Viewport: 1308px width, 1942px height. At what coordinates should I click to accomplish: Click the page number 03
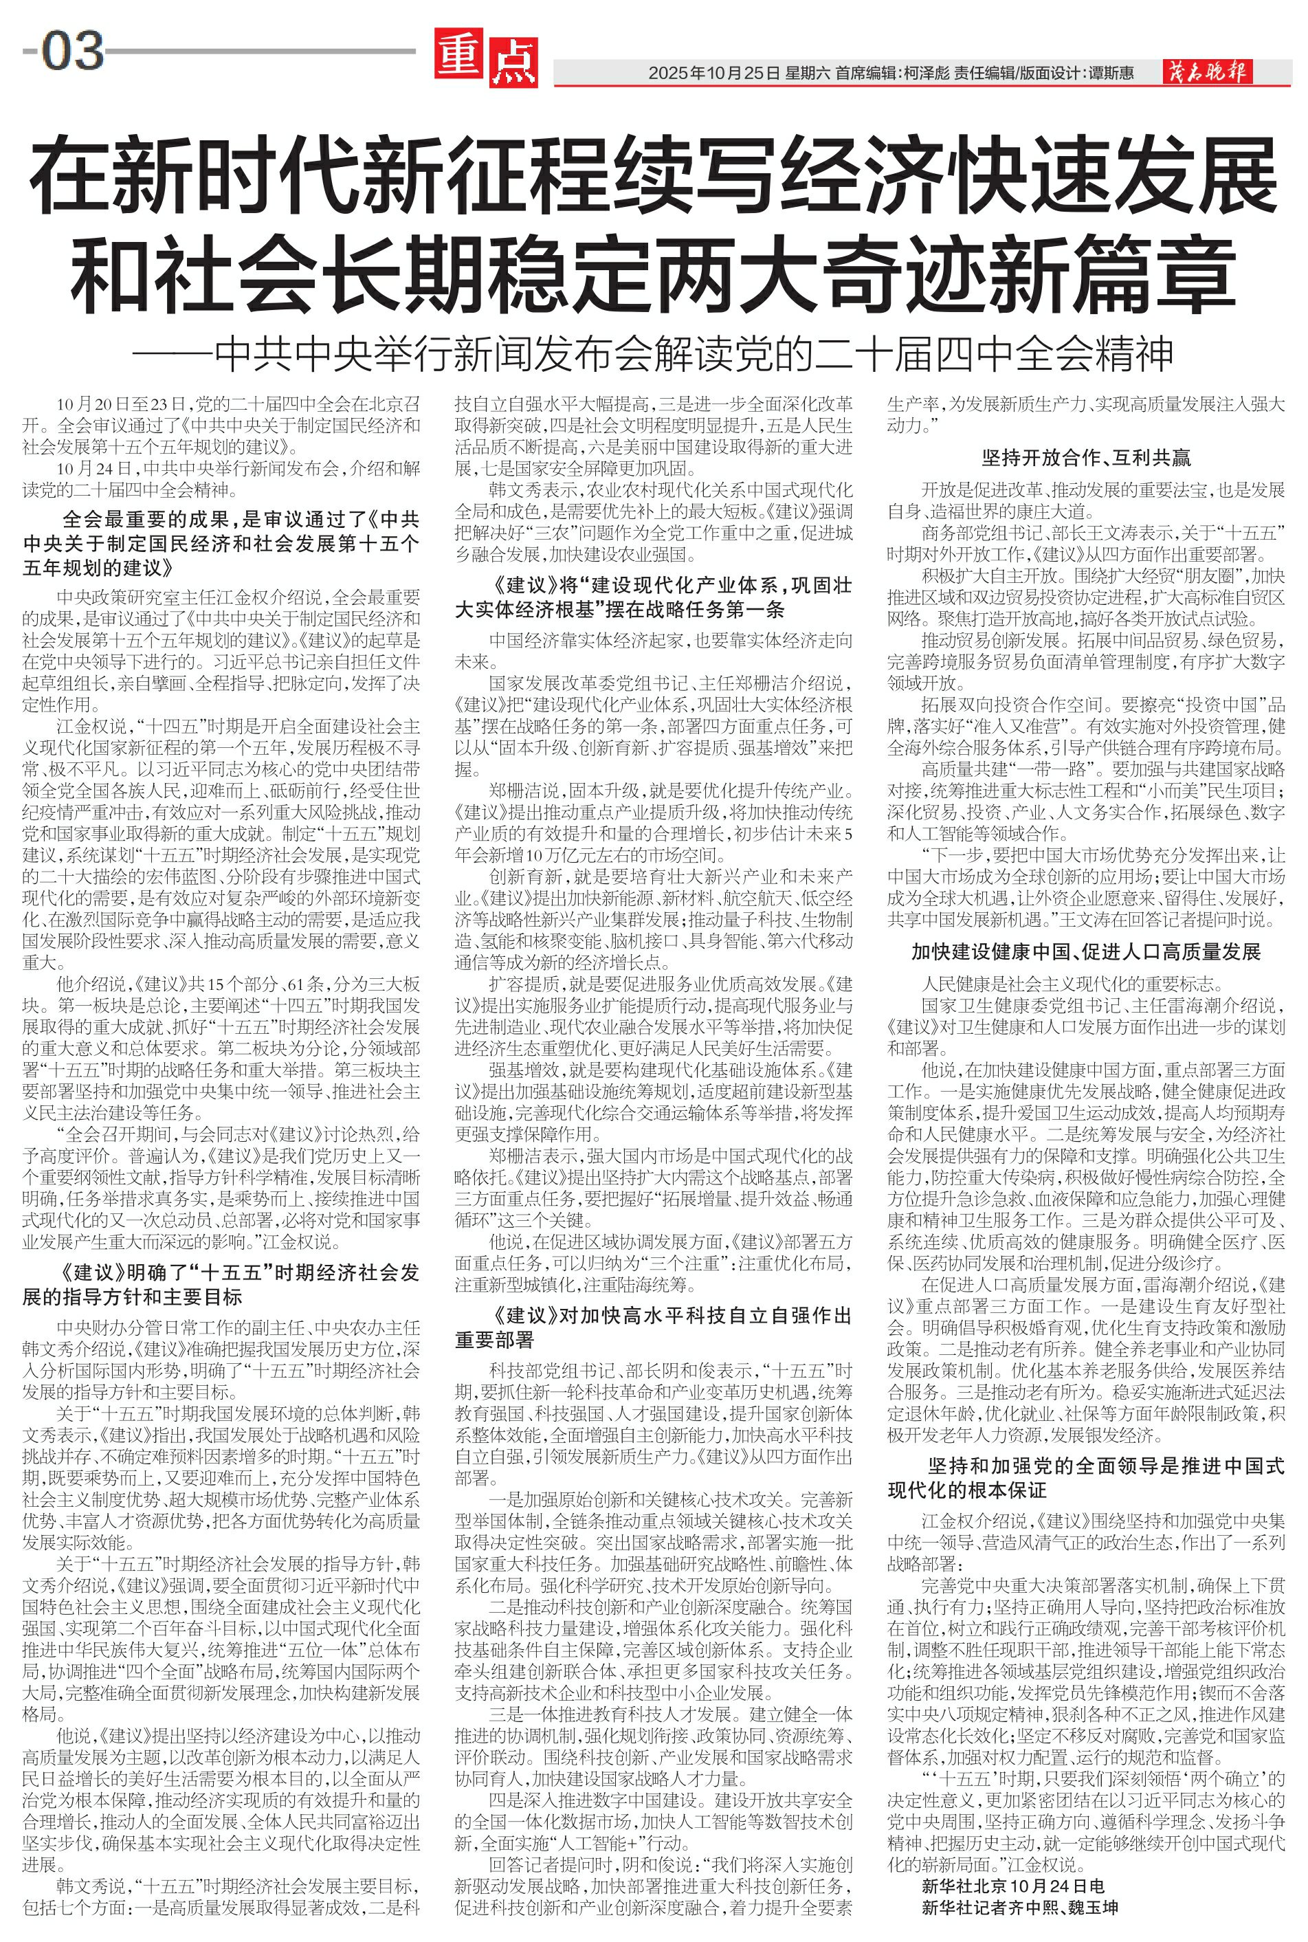(71, 51)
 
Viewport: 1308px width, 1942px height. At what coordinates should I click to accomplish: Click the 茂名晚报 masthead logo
(1207, 73)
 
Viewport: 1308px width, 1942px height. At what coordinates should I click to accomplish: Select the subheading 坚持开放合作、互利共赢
(1086, 457)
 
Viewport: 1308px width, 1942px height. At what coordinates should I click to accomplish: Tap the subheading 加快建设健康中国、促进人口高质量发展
(1086, 952)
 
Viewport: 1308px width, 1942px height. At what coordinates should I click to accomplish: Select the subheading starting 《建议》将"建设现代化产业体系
(653, 597)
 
